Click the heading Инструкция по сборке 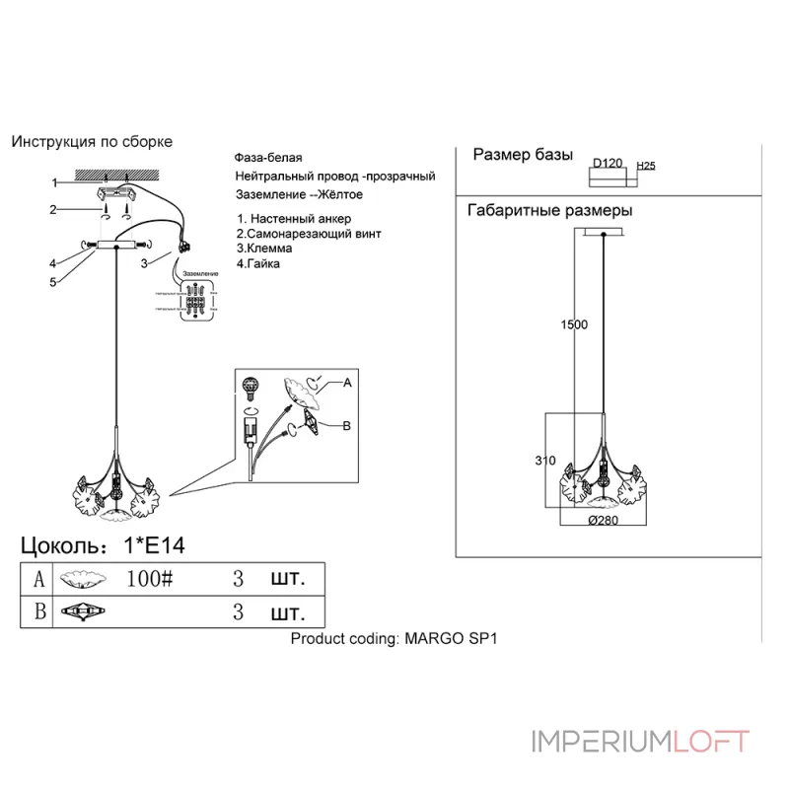tap(92, 142)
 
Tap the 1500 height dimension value tap(574, 324)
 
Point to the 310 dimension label tap(545, 461)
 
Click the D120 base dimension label tap(608, 164)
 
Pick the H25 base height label tap(646, 166)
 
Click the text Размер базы tap(523, 155)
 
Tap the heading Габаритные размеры tap(549, 211)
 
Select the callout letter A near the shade tap(346, 382)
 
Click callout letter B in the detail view tap(346, 426)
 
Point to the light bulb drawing tap(251, 385)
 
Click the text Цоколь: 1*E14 tap(104, 545)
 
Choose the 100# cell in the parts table tap(150, 578)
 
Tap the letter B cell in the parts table tap(39, 611)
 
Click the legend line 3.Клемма tap(265, 249)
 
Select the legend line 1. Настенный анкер tap(293, 218)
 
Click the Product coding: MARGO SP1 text tap(395, 638)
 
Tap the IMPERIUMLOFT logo tap(641, 741)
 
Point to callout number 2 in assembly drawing tap(56, 209)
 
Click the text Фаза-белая tap(268, 158)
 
